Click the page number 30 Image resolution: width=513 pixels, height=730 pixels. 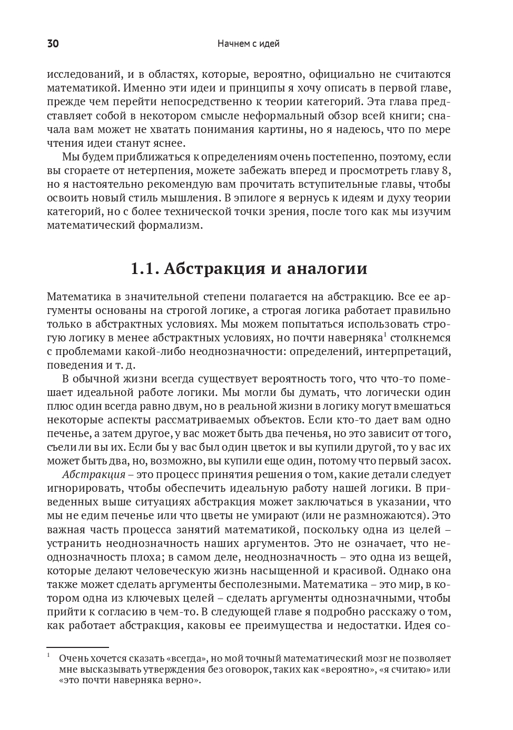tap(53, 44)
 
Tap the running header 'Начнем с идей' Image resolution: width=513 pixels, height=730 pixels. tap(248, 44)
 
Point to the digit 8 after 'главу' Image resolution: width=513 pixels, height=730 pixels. tap(448, 170)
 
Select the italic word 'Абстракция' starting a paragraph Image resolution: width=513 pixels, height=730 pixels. tap(93, 474)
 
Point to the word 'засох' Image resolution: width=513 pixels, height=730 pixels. tap(433, 461)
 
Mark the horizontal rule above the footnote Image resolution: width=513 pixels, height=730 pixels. tap(77, 647)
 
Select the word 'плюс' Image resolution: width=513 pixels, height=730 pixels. tap(60, 407)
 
